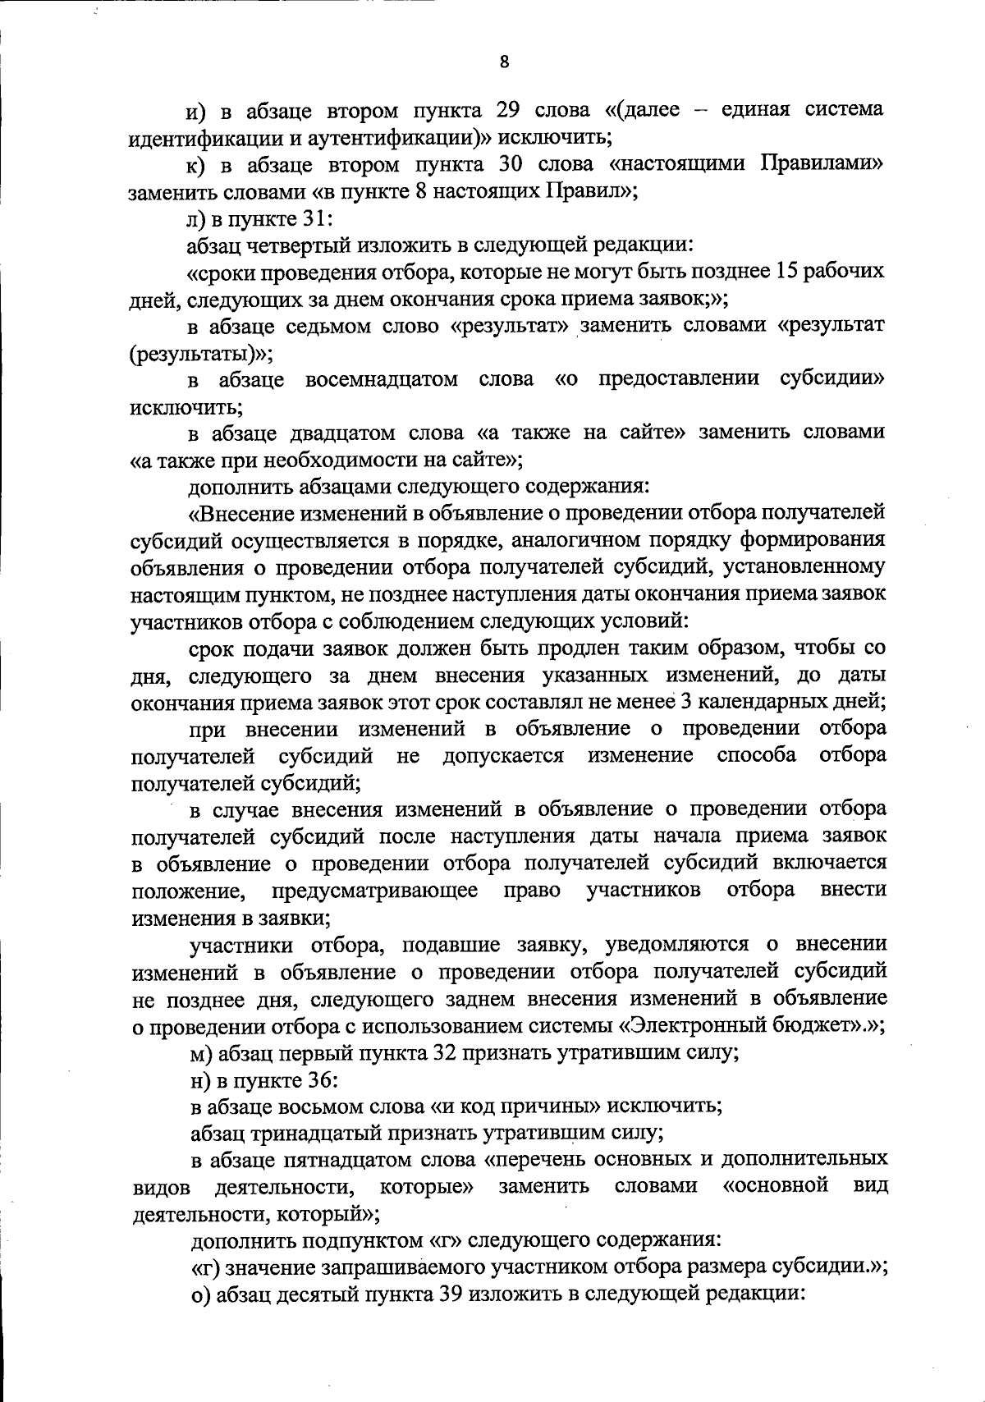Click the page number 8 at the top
(x=504, y=62)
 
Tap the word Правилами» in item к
(x=821, y=164)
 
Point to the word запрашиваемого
(x=403, y=1268)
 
